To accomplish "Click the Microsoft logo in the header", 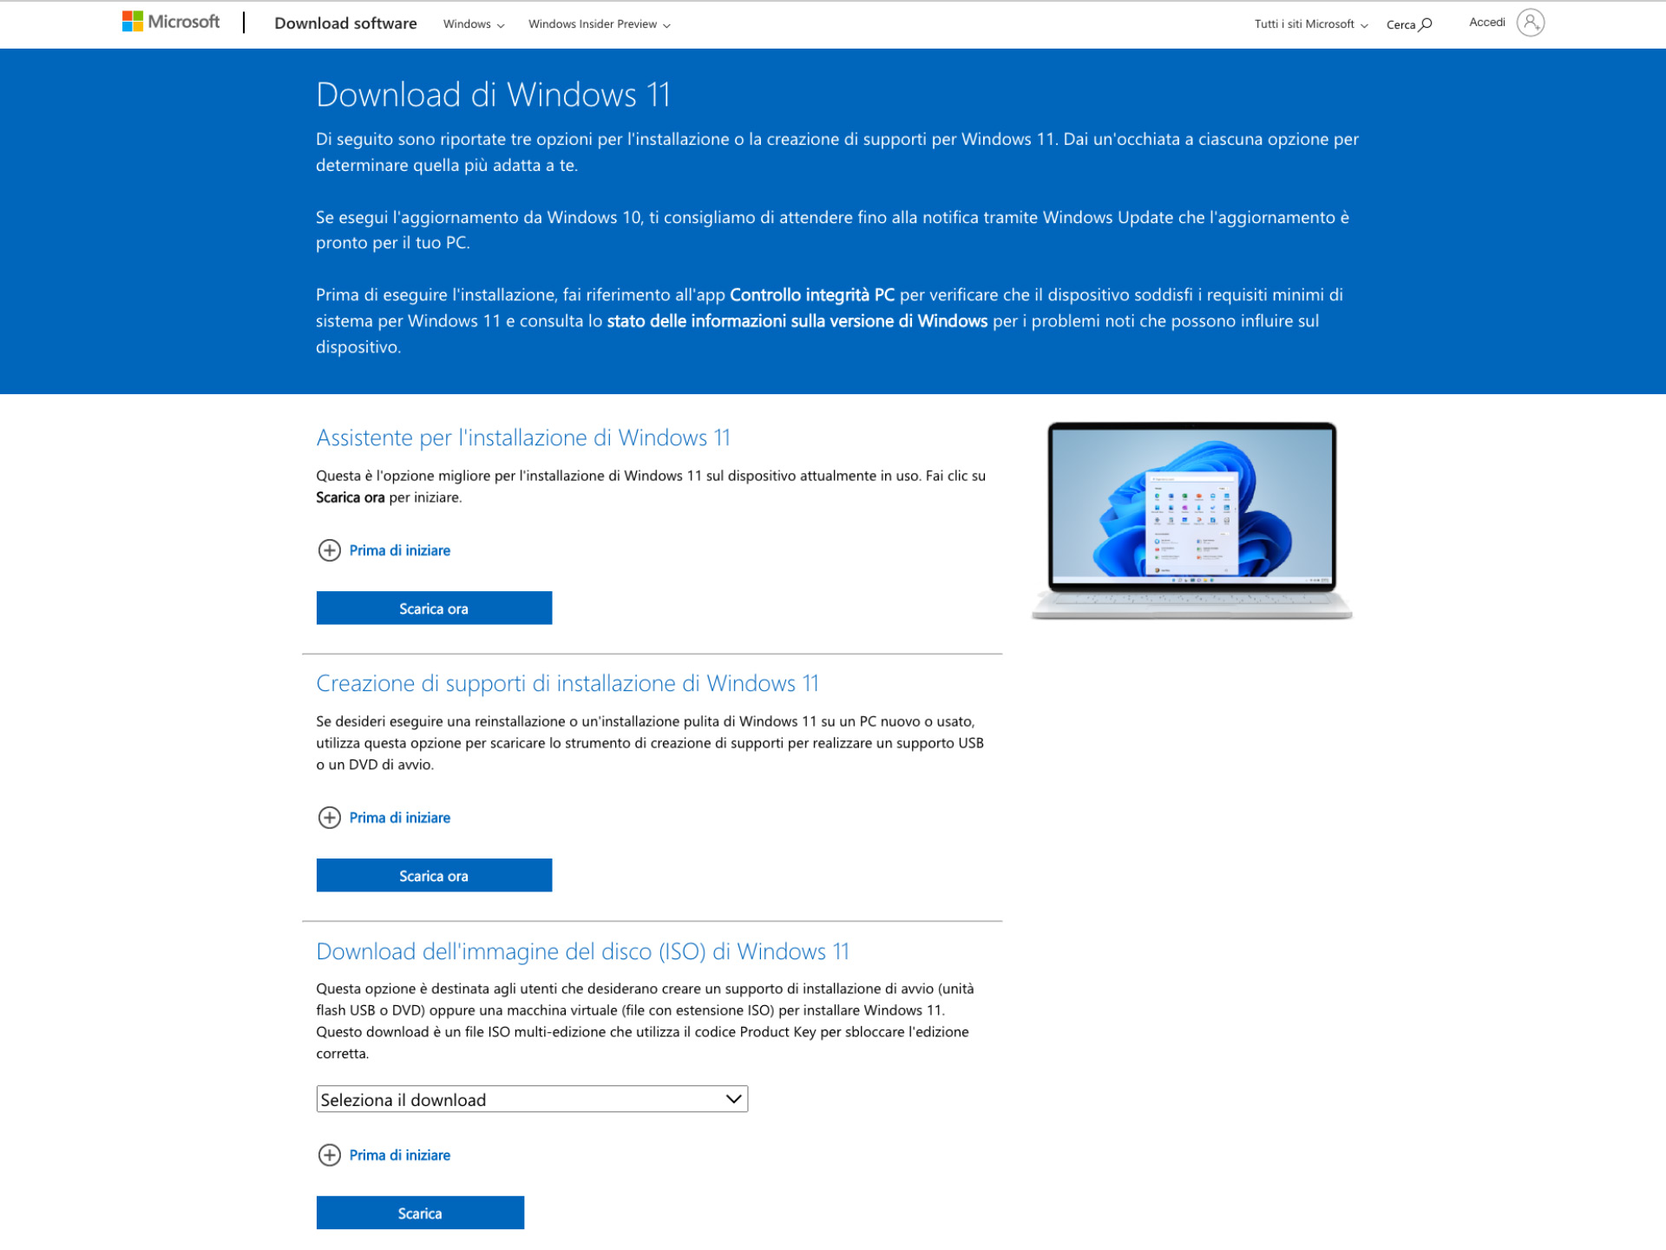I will (x=171, y=22).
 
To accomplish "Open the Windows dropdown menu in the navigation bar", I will (x=473, y=24).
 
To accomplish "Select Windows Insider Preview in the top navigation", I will (x=599, y=24).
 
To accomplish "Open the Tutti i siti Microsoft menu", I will (x=1310, y=24).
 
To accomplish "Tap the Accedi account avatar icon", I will (x=1530, y=23).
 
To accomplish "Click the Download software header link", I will (x=345, y=23).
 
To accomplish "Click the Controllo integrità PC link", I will (x=811, y=295).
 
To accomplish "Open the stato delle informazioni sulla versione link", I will (x=797, y=321).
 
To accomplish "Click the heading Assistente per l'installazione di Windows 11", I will (x=522, y=437).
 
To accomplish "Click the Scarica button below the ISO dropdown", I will (x=420, y=1213).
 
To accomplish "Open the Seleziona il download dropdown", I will (x=531, y=1099).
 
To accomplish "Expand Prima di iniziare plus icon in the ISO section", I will (x=330, y=1155).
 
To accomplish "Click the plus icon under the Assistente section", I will (x=330, y=550).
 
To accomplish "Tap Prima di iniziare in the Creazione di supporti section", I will (x=399, y=818).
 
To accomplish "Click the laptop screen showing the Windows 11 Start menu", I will (x=1191, y=503).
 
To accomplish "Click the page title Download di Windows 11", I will (x=493, y=95).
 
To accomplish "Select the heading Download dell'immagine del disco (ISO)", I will (x=582, y=951).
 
